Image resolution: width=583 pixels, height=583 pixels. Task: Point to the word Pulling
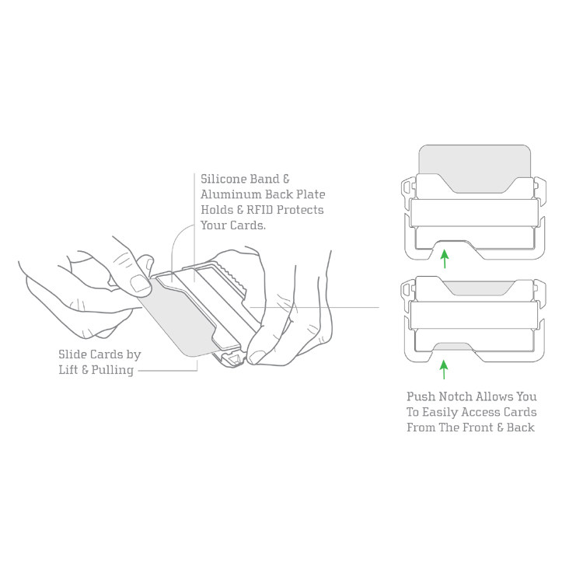(112, 370)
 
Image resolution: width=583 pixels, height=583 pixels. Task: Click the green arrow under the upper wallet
(443, 257)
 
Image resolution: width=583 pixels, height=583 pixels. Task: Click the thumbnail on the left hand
(139, 283)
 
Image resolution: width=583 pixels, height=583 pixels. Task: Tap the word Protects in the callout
(298, 210)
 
